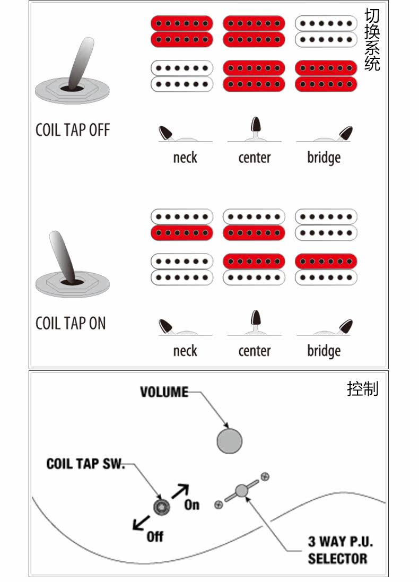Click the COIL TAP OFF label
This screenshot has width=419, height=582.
[73, 130]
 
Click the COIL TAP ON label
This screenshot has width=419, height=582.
[71, 323]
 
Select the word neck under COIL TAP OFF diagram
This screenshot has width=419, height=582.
[185, 158]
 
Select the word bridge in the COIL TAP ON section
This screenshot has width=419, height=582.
[324, 351]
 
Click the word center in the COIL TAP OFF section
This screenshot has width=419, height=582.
[255, 158]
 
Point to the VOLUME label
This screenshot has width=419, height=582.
[164, 392]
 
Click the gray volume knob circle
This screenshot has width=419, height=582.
[230, 441]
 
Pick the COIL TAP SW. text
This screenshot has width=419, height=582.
[85, 464]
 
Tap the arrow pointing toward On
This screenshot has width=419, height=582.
[180, 490]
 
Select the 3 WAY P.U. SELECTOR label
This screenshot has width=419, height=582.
[337, 550]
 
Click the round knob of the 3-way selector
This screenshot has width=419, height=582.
[242, 491]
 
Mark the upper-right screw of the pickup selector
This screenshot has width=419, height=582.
[265, 476]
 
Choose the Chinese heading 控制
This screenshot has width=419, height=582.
[363, 389]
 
